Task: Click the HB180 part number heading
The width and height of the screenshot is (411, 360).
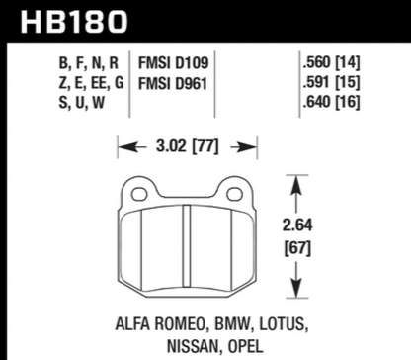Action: tap(74, 22)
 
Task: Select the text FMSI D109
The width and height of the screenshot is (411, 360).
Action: tap(173, 63)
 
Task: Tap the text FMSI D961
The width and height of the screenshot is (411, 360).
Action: tap(173, 83)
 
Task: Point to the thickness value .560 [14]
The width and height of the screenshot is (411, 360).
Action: tap(331, 62)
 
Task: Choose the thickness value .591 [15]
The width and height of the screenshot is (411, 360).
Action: tap(331, 82)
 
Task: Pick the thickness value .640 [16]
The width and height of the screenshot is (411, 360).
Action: tap(331, 102)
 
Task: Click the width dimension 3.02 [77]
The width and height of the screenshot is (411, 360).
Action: tap(188, 146)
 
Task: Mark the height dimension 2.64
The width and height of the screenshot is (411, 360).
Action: tap(297, 225)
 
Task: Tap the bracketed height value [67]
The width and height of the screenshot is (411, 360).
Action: tap(297, 248)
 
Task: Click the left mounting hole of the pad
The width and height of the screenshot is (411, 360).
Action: tap(139, 194)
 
